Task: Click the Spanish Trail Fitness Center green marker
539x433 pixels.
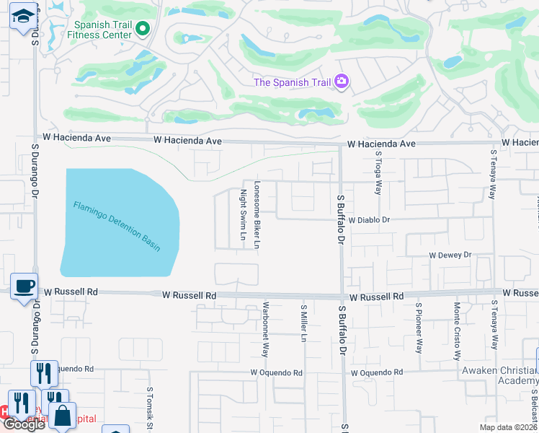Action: pyautogui.click(x=142, y=30)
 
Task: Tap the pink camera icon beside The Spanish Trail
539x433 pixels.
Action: pyautogui.click(x=342, y=82)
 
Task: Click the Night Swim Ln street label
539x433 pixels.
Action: pyautogui.click(x=244, y=215)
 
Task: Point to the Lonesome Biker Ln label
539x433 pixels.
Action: pyautogui.click(x=257, y=215)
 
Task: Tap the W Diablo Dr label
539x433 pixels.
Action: pyautogui.click(x=368, y=219)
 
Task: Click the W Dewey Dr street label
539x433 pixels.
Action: pyautogui.click(x=450, y=255)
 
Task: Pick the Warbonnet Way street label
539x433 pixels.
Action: pyautogui.click(x=265, y=329)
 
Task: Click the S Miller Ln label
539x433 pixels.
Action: pyautogui.click(x=304, y=323)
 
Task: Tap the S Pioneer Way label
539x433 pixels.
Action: pyautogui.click(x=418, y=328)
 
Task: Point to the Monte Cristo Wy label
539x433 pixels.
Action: pyautogui.click(x=457, y=331)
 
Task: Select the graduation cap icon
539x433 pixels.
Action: pyautogui.click(x=23, y=16)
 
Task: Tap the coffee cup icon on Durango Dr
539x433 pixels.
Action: pyautogui.click(x=23, y=286)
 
